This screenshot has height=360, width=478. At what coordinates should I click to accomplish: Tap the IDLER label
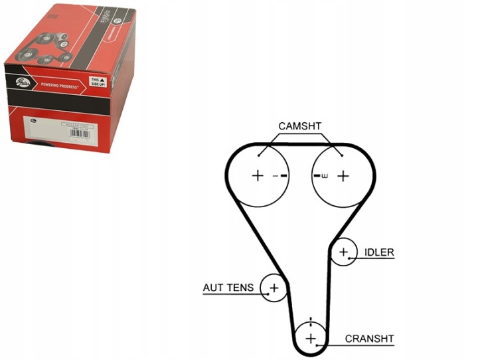(379, 252)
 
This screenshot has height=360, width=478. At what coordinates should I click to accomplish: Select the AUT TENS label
(228, 288)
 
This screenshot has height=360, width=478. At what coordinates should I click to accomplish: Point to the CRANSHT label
(369, 339)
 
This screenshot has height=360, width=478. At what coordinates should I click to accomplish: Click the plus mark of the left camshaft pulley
(258, 175)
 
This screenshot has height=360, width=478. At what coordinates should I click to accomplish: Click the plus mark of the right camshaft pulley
(343, 175)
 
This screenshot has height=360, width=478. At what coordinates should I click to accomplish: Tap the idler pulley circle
(344, 252)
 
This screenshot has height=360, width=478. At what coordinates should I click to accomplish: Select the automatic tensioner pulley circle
(273, 288)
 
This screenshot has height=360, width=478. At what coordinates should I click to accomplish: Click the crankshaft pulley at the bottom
(310, 338)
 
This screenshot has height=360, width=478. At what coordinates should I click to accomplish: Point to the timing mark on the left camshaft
(283, 176)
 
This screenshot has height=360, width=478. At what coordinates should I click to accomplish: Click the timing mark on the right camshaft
(316, 176)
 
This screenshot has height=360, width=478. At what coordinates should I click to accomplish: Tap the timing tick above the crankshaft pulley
(310, 321)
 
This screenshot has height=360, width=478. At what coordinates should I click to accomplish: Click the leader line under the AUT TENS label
(232, 294)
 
